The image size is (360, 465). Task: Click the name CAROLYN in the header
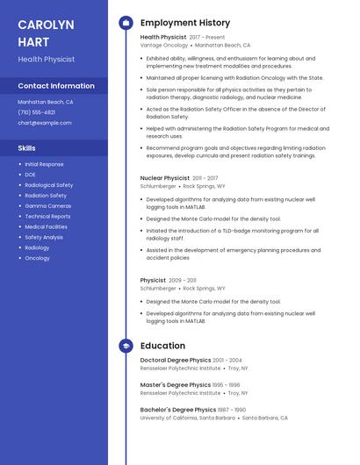coord(46,24)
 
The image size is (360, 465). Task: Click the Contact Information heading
coord(56,86)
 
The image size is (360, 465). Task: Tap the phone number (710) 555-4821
coord(37,112)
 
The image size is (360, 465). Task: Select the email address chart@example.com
coord(45,123)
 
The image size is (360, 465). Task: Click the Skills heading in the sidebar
coord(27,148)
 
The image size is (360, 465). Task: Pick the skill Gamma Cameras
coord(48,205)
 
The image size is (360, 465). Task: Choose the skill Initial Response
coord(45,164)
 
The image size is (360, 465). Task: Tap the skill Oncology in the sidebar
coord(38,258)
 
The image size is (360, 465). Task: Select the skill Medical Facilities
coord(47,226)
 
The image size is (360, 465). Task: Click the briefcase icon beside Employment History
coord(126,23)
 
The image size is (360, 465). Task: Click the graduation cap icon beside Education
coord(126,346)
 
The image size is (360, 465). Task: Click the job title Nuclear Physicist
coord(165,178)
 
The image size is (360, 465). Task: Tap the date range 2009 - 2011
coord(183,280)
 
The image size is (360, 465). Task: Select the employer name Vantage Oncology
coord(163,45)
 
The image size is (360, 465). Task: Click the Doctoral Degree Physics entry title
coord(176,360)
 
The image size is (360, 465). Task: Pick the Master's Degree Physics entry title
coord(176,384)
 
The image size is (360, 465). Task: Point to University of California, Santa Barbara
coord(189,418)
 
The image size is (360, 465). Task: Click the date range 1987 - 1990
coord(233,410)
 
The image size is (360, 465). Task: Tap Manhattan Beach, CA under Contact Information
coord(46,102)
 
